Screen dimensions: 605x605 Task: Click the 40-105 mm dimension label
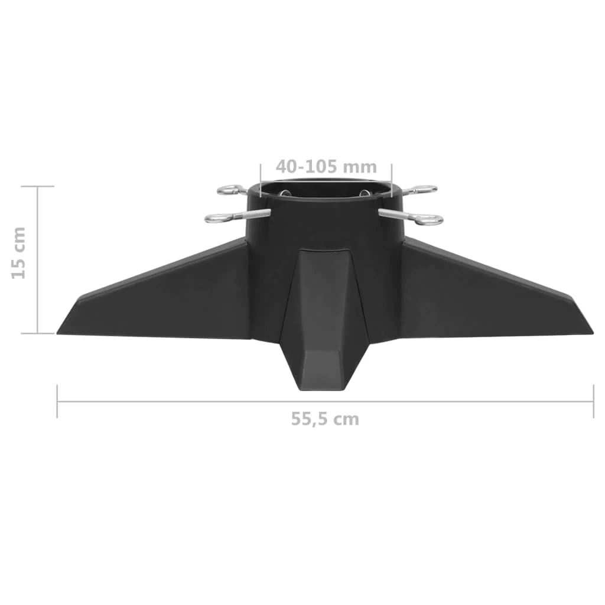pyautogui.click(x=325, y=167)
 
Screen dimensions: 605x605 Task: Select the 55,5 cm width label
pyautogui.click(x=324, y=419)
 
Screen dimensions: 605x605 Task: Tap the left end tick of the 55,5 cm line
pyautogui.click(x=57, y=401)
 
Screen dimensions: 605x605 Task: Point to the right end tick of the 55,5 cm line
pyautogui.click(x=593, y=401)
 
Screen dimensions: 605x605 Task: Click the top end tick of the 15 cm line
pyautogui.click(x=37, y=186)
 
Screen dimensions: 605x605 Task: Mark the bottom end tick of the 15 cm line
pyautogui.click(x=37, y=333)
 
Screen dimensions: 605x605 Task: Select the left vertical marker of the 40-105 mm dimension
pyautogui.click(x=260, y=177)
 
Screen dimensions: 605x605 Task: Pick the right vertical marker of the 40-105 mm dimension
pyautogui.click(x=391, y=177)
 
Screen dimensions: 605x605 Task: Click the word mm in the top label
pyautogui.click(x=360, y=167)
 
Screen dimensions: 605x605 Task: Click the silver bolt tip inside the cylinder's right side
pyautogui.click(x=363, y=192)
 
